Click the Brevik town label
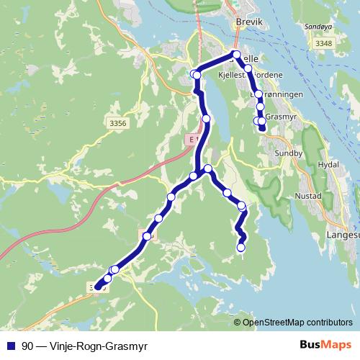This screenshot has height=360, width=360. point(246,22)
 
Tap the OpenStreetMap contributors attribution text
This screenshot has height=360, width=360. point(297,322)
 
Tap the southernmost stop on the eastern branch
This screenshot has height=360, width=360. point(241,248)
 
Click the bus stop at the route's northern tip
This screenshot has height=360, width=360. point(236,55)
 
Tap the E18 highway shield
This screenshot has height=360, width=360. point(190,138)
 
